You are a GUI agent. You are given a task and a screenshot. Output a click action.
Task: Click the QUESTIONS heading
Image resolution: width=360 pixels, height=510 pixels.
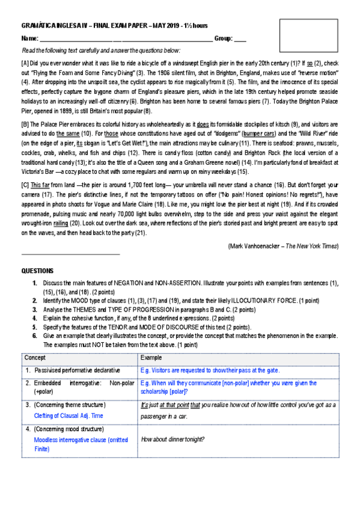tap(37, 271)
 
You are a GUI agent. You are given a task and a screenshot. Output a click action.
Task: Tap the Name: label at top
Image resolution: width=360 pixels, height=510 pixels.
tap(29, 38)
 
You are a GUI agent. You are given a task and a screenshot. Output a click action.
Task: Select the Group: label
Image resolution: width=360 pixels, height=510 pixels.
tap(224, 38)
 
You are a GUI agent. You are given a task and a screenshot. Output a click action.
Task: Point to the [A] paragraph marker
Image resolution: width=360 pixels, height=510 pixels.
tap(25, 63)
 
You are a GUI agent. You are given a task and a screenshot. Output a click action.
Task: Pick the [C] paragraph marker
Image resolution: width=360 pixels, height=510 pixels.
tap(25, 187)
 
